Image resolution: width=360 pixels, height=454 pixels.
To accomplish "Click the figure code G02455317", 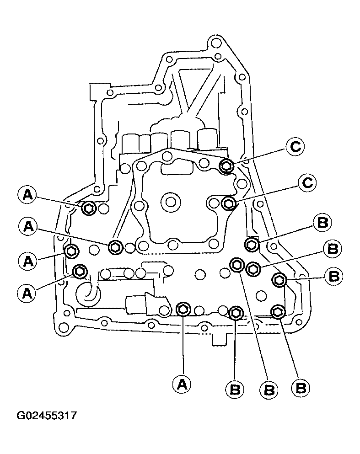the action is [x=47, y=416].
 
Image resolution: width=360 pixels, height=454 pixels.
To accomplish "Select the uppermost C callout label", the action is [x=295, y=147].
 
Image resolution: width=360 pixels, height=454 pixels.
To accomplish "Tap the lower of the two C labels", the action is [x=307, y=183].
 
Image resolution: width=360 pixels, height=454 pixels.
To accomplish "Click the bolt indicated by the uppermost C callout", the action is [x=226, y=166].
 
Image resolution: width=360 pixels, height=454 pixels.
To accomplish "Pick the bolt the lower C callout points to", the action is [x=229, y=203].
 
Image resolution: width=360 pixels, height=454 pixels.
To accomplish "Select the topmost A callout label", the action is [x=27, y=195].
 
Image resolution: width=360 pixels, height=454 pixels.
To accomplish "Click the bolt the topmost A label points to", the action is [x=89, y=208].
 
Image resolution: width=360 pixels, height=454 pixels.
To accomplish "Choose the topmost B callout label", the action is [x=322, y=223].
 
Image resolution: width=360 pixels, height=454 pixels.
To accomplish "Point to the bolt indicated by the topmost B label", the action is [x=252, y=244].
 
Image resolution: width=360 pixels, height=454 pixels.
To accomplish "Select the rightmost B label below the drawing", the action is [x=301, y=388].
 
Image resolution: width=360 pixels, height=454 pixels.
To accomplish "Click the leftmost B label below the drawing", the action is [x=235, y=390].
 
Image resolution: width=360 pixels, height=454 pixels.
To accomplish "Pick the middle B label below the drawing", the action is [x=269, y=390].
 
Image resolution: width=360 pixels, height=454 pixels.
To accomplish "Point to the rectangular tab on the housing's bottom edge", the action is [x=219, y=339].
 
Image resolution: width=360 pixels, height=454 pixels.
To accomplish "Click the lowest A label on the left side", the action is [x=27, y=294].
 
